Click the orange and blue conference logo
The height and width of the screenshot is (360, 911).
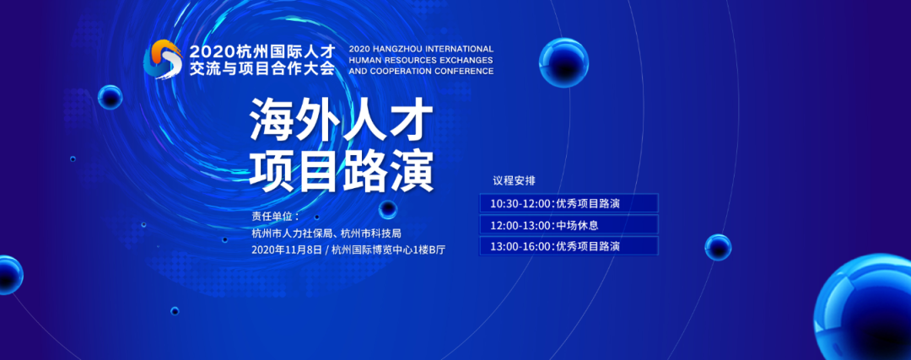pos(164,59)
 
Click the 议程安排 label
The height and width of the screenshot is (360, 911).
pos(515,180)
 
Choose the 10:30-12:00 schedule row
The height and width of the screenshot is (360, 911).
pos(569,204)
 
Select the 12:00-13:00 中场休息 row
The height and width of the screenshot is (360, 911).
pos(569,225)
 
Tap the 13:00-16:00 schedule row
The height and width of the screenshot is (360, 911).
pos(569,246)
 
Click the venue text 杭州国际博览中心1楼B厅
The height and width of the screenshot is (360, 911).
pos(389,250)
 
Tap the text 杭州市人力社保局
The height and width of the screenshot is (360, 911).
pos(292,234)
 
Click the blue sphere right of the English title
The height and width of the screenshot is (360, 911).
pos(563,62)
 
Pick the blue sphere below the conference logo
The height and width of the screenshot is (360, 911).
pos(110,97)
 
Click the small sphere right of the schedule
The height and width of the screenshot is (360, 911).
pos(718,247)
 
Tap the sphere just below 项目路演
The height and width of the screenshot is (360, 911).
pos(387,210)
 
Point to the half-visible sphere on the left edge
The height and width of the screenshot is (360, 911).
pos(10,275)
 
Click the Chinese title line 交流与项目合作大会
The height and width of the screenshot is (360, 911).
pos(262,68)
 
